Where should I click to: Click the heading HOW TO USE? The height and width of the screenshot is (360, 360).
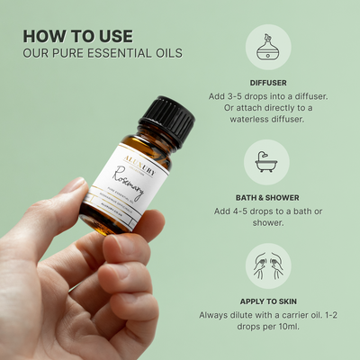click(77, 36)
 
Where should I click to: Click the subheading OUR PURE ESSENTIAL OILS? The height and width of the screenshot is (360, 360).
click(103, 53)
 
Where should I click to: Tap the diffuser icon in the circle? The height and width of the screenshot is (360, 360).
click(266, 49)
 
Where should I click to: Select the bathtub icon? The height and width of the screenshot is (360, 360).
click(266, 162)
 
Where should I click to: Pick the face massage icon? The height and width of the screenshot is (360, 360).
click(266, 266)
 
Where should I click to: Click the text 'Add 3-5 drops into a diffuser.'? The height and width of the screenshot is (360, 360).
click(266, 96)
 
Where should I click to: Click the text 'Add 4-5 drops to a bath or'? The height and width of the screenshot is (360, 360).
click(266, 211)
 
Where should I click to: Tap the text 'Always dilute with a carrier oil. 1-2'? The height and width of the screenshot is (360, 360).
click(266, 315)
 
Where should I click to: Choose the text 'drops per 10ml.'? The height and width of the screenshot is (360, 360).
click(266, 330)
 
